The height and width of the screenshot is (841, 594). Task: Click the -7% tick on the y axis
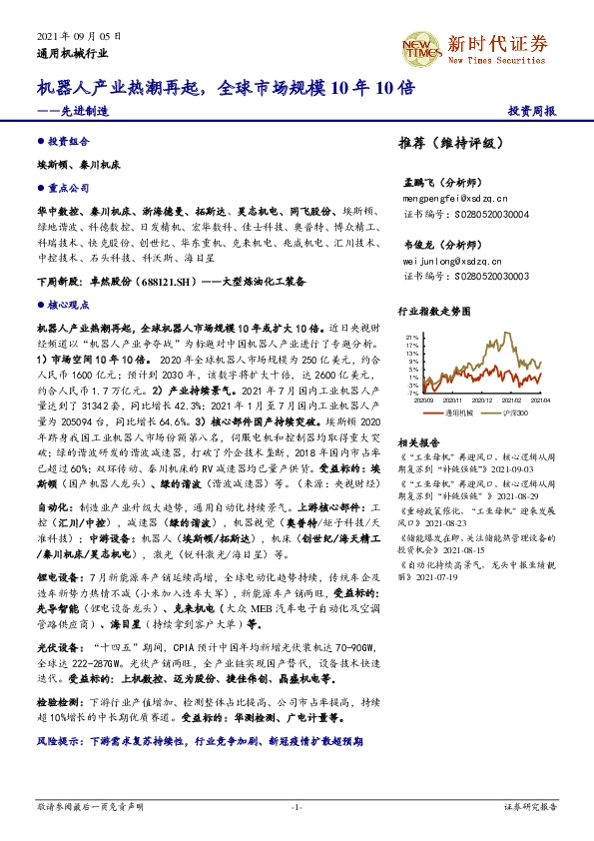coord(410,392)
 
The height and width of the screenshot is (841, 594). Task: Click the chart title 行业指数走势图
coord(433,311)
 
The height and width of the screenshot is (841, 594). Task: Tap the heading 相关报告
coord(416,441)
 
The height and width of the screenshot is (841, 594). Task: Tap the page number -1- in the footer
coord(297,805)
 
